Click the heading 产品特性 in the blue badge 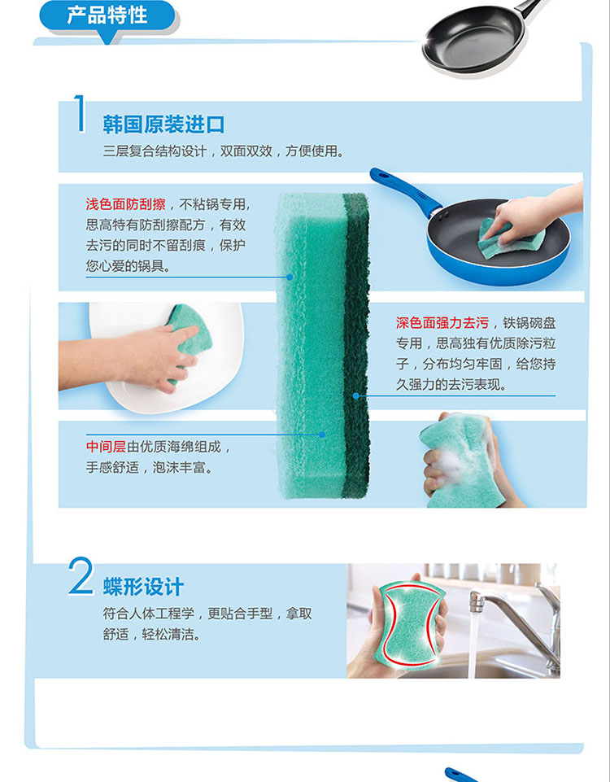(107, 15)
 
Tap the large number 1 (79, 114)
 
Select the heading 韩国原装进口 (163, 125)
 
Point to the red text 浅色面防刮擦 (125, 204)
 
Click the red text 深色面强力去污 (442, 323)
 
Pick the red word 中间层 (107, 447)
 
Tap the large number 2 (81, 576)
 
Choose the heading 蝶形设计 (143, 587)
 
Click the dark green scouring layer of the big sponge (356, 345)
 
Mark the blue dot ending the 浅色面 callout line (290, 277)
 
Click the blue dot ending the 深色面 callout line (356, 395)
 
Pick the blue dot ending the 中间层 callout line (322, 435)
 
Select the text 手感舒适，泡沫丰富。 (150, 467)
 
